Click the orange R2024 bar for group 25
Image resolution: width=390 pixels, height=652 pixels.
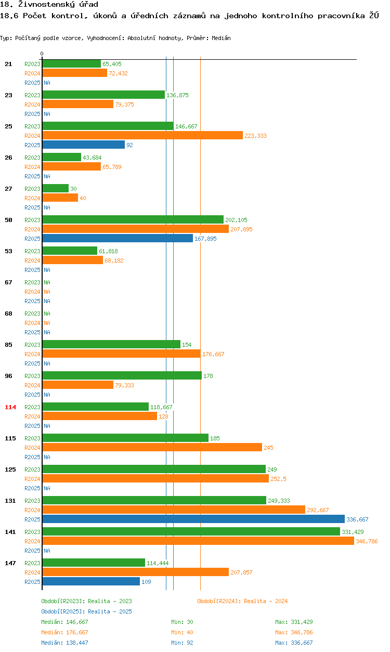click(x=142, y=135)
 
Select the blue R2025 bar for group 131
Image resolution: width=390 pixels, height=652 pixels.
click(x=193, y=519)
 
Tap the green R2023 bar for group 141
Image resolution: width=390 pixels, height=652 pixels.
click(x=191, y=531)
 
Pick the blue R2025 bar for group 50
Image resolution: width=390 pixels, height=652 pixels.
click(x=118, y=238)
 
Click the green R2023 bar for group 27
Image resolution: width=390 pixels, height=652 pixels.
click(x=55, y=188)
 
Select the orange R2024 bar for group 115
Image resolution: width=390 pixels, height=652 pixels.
click(x=152, y=447)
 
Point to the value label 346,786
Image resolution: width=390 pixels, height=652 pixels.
click(x=367, y=541)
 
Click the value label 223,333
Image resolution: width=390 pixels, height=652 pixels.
click(x=255, y=136)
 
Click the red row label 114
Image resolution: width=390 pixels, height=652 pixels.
click(x=10, y=407)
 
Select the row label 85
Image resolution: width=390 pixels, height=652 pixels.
click(x=8, y=345)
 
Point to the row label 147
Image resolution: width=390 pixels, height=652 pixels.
click(x=10, y=563)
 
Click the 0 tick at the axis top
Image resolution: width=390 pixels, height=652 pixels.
click(x=42, y=54)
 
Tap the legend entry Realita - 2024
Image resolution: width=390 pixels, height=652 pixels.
click(x=242, y=601)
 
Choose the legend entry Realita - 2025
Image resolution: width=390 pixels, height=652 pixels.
click(x=86, y=611)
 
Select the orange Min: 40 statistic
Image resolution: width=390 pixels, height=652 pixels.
click(x=184, y=632)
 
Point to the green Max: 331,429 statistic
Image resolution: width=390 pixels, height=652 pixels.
click(x=294, y=622)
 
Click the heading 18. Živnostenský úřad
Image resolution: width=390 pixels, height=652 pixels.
click(x=49, y=5)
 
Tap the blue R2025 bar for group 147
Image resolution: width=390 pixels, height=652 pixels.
click(x=91, y=581)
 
